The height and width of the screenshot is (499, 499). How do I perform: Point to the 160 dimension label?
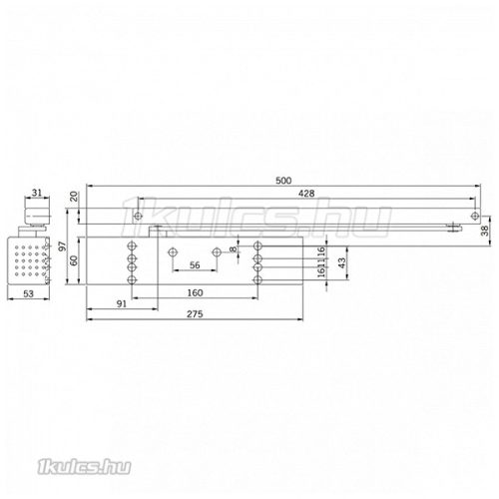coord(196,293)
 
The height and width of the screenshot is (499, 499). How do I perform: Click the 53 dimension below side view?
coord(35,294)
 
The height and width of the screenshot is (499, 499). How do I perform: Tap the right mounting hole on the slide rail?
coord(472,216)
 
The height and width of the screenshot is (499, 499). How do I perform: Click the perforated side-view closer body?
coord(36,260)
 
